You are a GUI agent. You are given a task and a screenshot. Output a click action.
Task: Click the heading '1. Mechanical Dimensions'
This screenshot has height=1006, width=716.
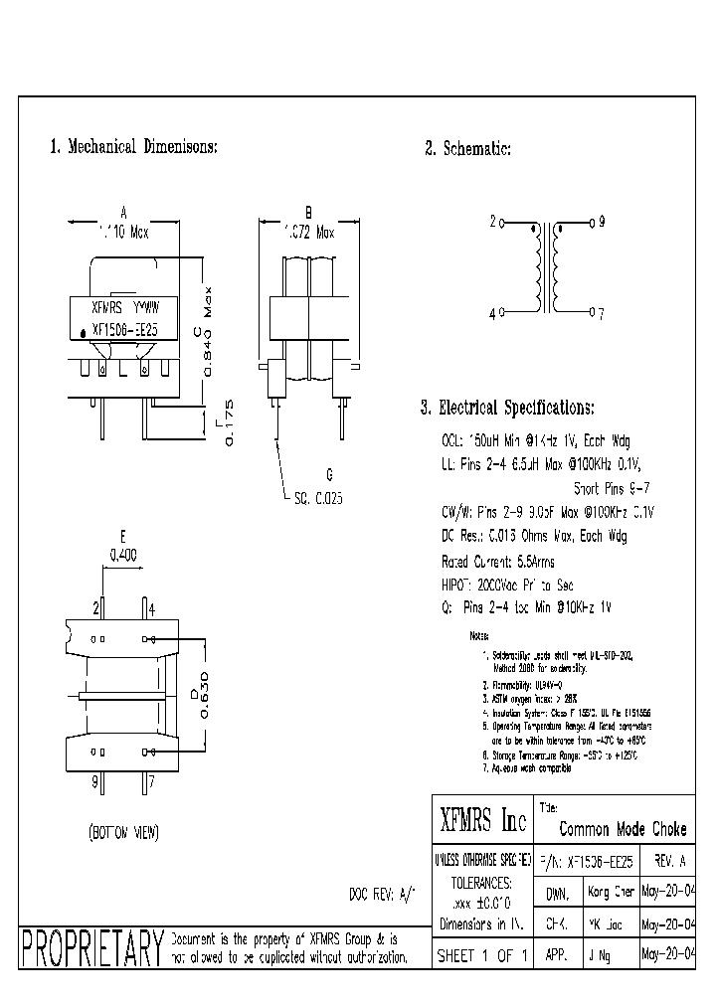pyautogui.click(x=133, y=147)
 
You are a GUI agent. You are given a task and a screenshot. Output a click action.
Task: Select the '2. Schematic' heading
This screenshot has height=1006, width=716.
pyautogui.click(x=467, y=149)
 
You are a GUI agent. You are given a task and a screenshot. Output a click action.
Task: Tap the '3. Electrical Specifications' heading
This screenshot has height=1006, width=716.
pyautogui.click(x=507, y=408)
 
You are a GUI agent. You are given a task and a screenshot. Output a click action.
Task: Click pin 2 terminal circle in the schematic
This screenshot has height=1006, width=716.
pyautogui.click(x=503, y=223)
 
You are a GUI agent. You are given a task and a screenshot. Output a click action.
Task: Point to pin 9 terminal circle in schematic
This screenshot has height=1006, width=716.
pyautogui.click(x=591, y=223)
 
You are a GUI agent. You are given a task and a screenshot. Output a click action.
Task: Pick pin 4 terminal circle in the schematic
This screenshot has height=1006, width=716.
pyautogui.click(x=503, y=313)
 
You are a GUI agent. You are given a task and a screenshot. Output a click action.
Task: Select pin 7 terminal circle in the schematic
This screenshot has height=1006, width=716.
pyautogui.click(x=591, y=313)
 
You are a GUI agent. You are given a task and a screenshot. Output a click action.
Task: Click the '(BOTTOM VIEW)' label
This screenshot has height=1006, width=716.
pyautogui.click(x=123, y=831)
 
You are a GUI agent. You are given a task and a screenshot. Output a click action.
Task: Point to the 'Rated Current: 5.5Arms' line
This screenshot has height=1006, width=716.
pyautogui.click(x=498, y=562)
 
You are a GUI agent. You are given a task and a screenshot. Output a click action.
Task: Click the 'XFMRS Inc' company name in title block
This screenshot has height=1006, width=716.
pyautogui.click(x=482, y=821)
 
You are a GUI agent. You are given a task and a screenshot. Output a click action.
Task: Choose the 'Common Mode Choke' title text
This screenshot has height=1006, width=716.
pyautogui.click(x=623, y=829)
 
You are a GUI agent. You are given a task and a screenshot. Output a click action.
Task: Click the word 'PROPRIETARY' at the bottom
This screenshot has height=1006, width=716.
pyautogui.click(x=91, y=950)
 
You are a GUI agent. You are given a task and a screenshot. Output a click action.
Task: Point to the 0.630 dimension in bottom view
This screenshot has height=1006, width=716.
pyautogui.click(x=204, y=693)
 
